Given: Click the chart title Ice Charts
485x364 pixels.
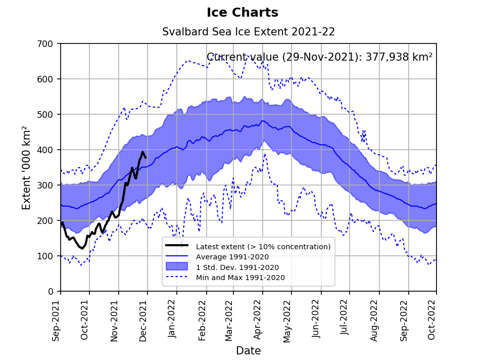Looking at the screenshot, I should point(243,13).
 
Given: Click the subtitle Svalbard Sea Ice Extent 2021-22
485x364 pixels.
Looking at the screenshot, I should point(249,32).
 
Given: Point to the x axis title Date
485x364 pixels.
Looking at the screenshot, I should point(249,351).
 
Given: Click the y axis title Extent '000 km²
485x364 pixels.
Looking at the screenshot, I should point(27,168).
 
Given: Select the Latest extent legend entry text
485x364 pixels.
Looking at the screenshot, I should point(263,247).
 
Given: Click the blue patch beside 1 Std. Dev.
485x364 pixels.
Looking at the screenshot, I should point(177,267).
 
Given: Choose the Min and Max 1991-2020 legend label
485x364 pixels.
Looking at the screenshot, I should point(240,278).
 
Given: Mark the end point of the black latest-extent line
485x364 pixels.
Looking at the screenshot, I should point(146,158).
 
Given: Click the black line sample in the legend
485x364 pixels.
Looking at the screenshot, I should point(177,246).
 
